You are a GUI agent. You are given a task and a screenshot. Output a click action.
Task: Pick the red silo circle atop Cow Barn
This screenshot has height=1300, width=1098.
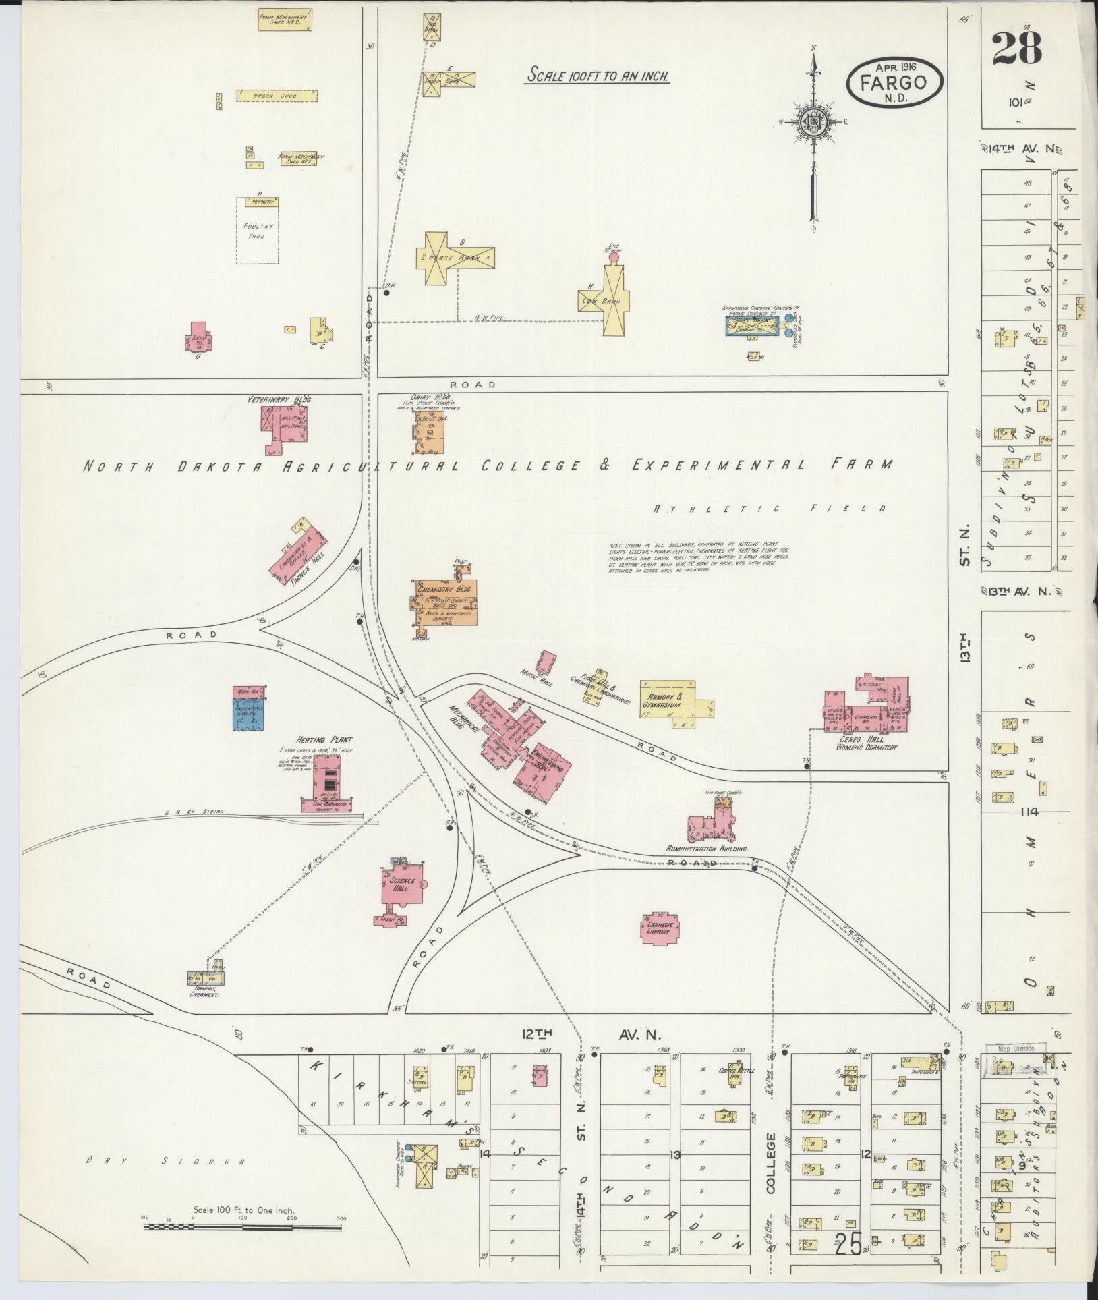point(614,257)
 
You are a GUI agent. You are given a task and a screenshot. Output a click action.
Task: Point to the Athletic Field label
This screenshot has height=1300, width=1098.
point(768,509)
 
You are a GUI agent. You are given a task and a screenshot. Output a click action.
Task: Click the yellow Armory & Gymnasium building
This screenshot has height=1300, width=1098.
point(676,702)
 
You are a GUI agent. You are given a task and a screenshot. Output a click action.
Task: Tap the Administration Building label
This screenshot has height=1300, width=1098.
point(705,848)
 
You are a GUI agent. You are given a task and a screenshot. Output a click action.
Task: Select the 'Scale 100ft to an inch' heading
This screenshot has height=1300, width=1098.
point(598,75)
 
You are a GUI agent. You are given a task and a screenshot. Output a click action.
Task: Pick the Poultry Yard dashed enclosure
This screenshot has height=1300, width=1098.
point(258,234)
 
